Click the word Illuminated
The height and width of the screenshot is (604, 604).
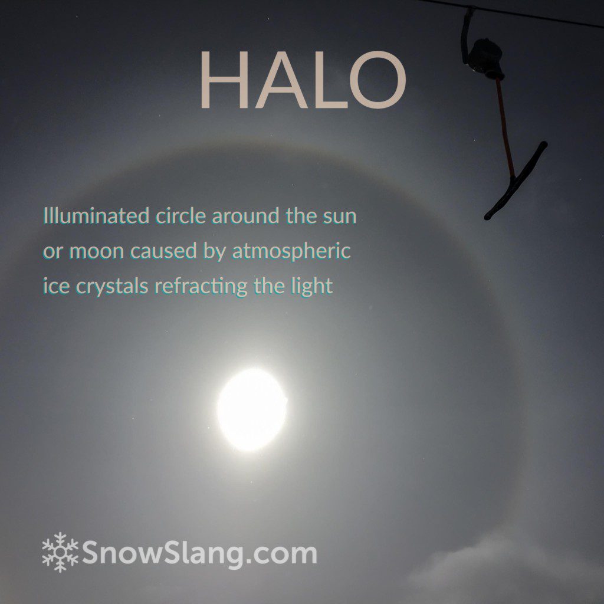click(96, 216)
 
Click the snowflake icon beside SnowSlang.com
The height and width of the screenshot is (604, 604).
click(60, 552)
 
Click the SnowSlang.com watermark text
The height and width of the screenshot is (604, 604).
click(199, 553)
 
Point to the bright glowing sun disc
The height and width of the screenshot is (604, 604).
click(252, 409)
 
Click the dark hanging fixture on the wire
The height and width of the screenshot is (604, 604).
click(485, 58)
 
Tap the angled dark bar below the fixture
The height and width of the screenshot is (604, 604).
click(516, 181)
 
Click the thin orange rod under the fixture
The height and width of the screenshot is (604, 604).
click(505, 128)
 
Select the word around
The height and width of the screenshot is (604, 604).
click(245, 216)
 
